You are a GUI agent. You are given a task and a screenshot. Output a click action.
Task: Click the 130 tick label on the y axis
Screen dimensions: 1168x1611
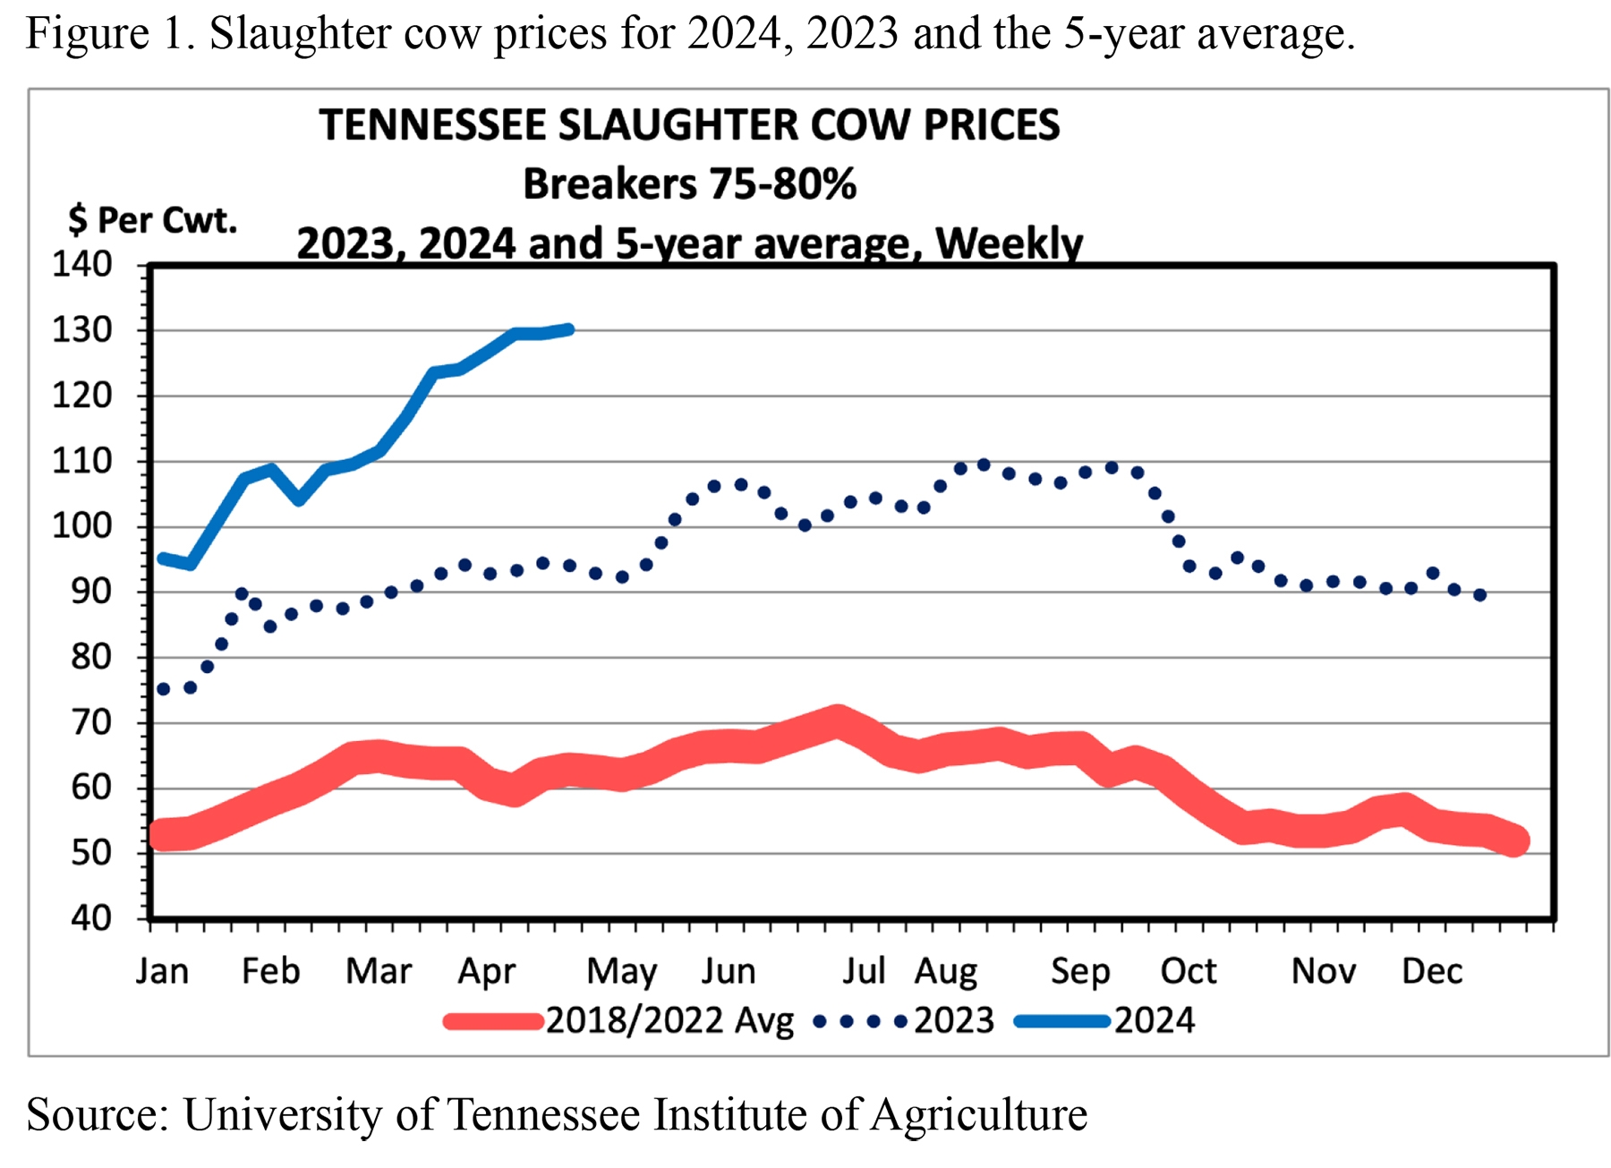(x=81, y=330)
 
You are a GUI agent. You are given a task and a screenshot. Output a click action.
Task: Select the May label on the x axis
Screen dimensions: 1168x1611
(x=621, y=972)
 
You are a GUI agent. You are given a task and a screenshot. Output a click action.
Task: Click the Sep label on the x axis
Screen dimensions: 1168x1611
(x=1080, y=972)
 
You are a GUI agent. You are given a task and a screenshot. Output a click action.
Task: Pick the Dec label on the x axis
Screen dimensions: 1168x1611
(x=1431, y=972)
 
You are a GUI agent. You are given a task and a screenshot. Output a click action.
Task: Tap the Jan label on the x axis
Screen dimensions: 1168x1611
(x=162, y=972)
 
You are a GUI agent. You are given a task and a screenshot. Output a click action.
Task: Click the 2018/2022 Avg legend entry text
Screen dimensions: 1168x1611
(x=669, y=1021)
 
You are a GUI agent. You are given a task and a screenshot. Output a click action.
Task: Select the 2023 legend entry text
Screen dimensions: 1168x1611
(x=954, y=1021)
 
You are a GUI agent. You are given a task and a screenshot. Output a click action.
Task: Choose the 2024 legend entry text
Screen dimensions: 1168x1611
(x=1154, y=1021)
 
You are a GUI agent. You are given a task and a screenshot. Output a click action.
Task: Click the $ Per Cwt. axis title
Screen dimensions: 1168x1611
(x=152, y=220)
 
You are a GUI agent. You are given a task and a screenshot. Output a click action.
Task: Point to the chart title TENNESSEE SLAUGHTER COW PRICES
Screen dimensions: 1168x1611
(x=689, y=125)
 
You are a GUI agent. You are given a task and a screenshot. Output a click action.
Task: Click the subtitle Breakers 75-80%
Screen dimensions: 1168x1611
(x=689, y=184)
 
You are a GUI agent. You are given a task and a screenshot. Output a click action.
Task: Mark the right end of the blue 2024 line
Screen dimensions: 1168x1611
(x=569, y=329)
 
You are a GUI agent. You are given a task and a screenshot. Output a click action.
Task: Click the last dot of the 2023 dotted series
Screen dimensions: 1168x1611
(x=1480, y=595)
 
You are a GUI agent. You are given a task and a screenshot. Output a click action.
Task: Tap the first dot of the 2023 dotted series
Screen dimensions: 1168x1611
(x=163, y=689)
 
